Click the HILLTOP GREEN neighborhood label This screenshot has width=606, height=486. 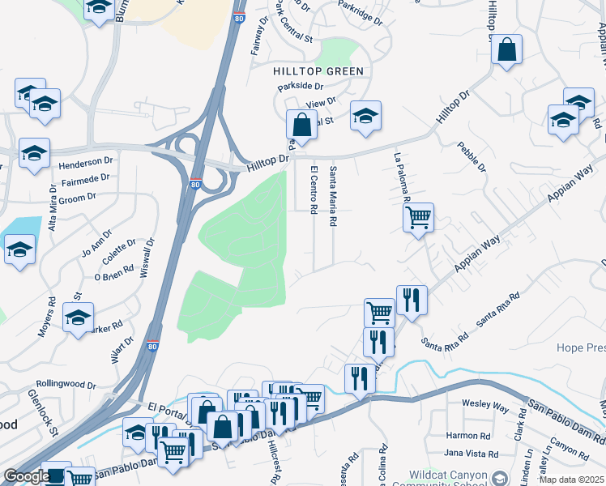tap(318, 71)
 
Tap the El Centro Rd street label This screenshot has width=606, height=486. tap(314, 190)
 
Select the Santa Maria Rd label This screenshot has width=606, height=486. tap(333, 197)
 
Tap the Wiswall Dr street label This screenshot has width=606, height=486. tap(147, 256)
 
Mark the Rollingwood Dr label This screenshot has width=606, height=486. tap(66, 386)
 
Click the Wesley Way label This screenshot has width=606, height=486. tap(484, 403)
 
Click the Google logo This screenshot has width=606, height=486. tap(26, 476)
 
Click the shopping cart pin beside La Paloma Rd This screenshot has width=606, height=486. tap(418, 217)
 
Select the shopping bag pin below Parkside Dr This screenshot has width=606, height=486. tap(301, 126)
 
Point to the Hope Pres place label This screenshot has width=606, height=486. tap(580, 348)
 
